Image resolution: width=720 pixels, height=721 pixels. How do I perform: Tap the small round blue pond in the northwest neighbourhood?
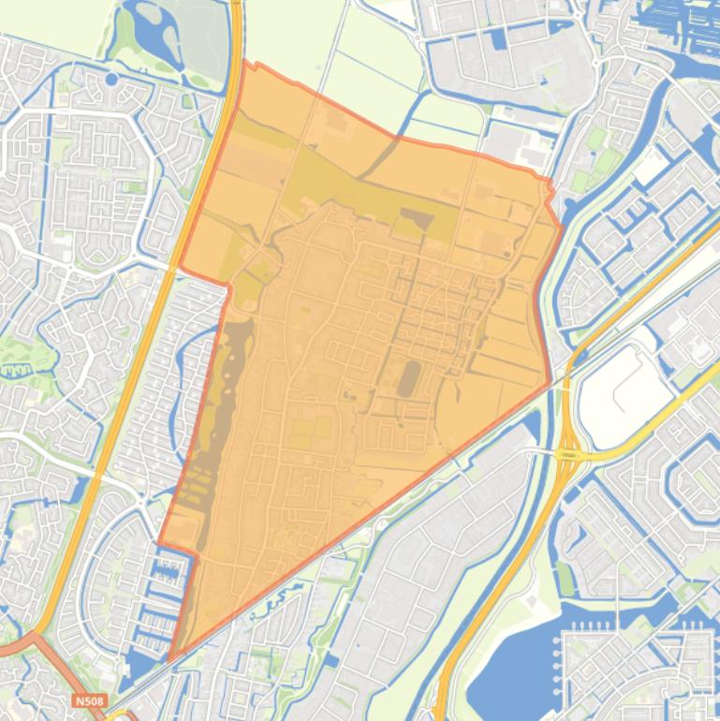pos(111,80)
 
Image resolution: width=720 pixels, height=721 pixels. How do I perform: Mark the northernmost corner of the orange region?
pos(249,64)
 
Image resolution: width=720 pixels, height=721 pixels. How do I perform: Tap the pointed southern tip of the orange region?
pos(171,658)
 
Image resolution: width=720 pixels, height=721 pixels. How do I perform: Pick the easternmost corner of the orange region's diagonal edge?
pos(550,383)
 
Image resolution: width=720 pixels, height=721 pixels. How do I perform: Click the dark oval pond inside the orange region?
pos(409,378)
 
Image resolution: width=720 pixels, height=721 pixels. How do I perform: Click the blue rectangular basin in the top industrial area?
pos(495,38)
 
